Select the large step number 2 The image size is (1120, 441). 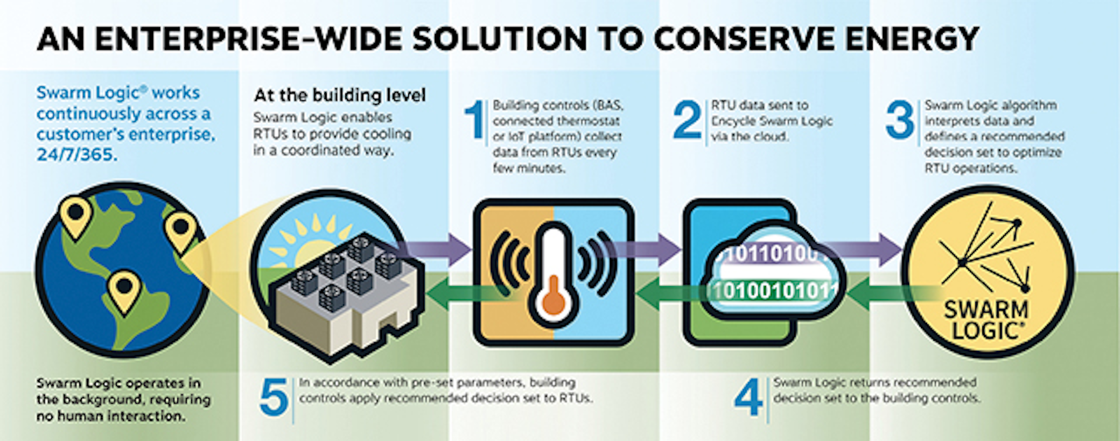pyautogui.click(x=687, y=121)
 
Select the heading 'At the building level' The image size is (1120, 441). pyautogui.click(x=340, y=96)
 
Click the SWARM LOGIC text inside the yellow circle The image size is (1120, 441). pyautogui.click(x=986, y=319)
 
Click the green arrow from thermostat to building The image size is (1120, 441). pyautogui.click(x=459, y=292)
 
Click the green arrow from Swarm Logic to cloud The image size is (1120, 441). pyautogui.click(x=887, y=292)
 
